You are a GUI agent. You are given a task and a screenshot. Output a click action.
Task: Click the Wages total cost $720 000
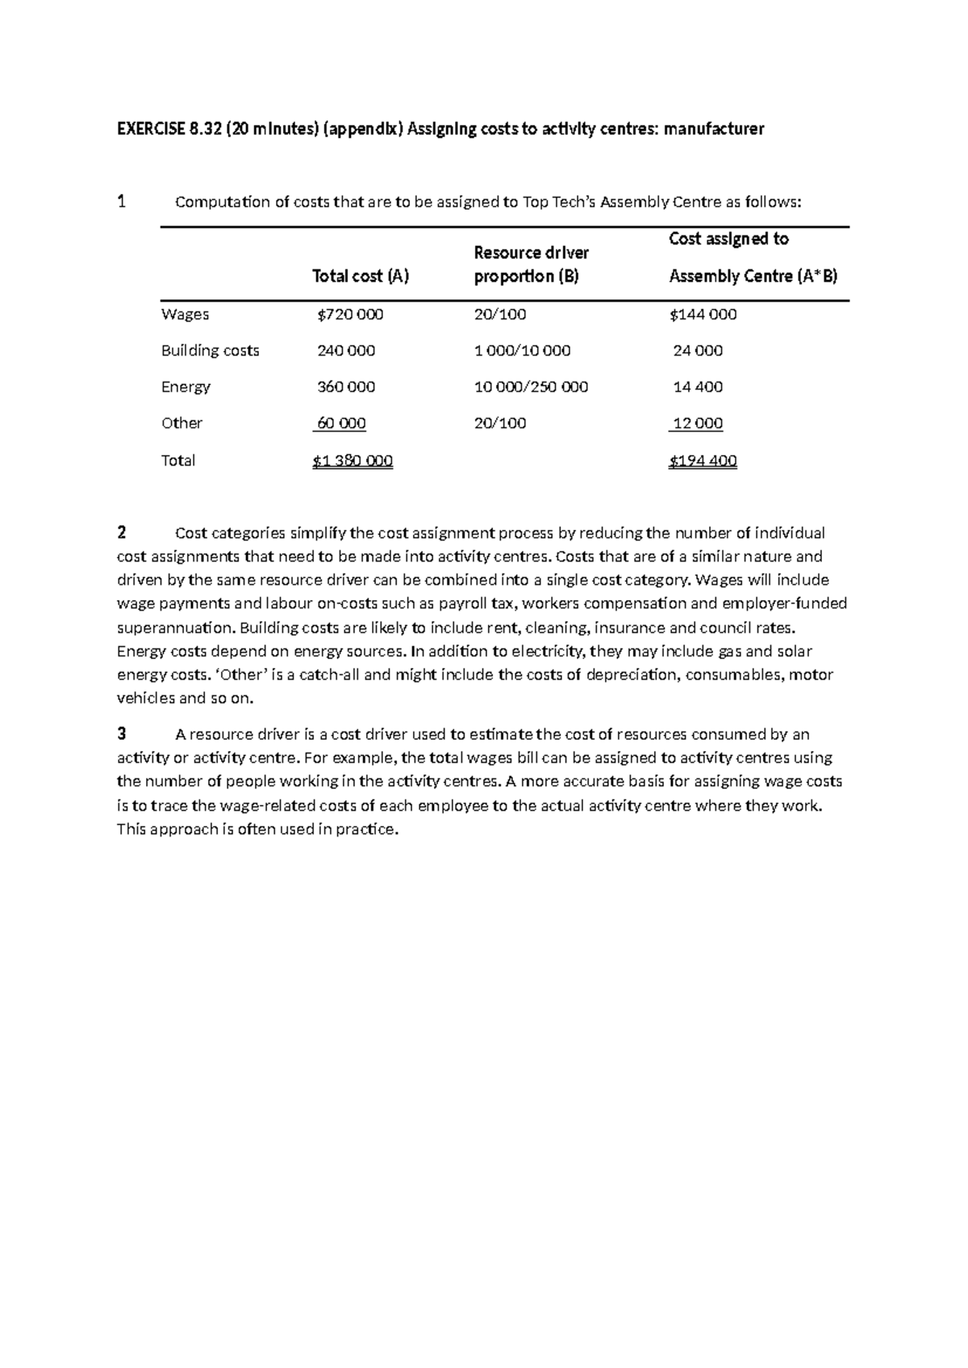pyautogui.click(x=350, y=315)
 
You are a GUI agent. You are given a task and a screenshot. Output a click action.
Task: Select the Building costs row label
pyautogui.click(x=210, y=351)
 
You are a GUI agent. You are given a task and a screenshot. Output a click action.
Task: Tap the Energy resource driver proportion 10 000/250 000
pyautogui.click(x=531, y=387)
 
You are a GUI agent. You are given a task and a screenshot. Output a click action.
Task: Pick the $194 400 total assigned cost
pyautogui.click(x=703, y=461)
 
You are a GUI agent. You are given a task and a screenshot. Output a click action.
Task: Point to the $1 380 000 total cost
pyautogui.click(x=353, y=461)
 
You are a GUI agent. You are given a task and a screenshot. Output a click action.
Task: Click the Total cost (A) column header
pyautogui.click(x=361, y=277)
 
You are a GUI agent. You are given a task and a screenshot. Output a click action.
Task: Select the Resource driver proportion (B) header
pyautogui.click(x=531, y=265)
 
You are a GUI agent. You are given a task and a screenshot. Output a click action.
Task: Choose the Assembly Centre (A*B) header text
pyautogui.click(x=753, y=277)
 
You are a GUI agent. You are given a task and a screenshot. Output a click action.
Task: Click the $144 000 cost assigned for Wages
pyautogui.click(x=703, y=315)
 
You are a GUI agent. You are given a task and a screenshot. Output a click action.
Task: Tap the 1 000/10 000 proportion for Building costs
pyautogui.click(x=522, y=351)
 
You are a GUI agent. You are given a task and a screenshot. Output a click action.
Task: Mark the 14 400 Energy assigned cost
pyautogui.click(x=698, y=387)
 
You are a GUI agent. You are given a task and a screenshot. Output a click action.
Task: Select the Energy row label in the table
pyautogui.click(x=186, y=387)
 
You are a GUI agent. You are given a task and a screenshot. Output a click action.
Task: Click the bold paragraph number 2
pyautogui.click(x=122, y=532)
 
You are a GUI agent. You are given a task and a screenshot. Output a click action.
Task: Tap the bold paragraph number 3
pyautogui.click(x=122, y=734)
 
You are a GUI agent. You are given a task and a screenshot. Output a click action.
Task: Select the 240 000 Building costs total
pyautogui.click(x=346, y=351)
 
